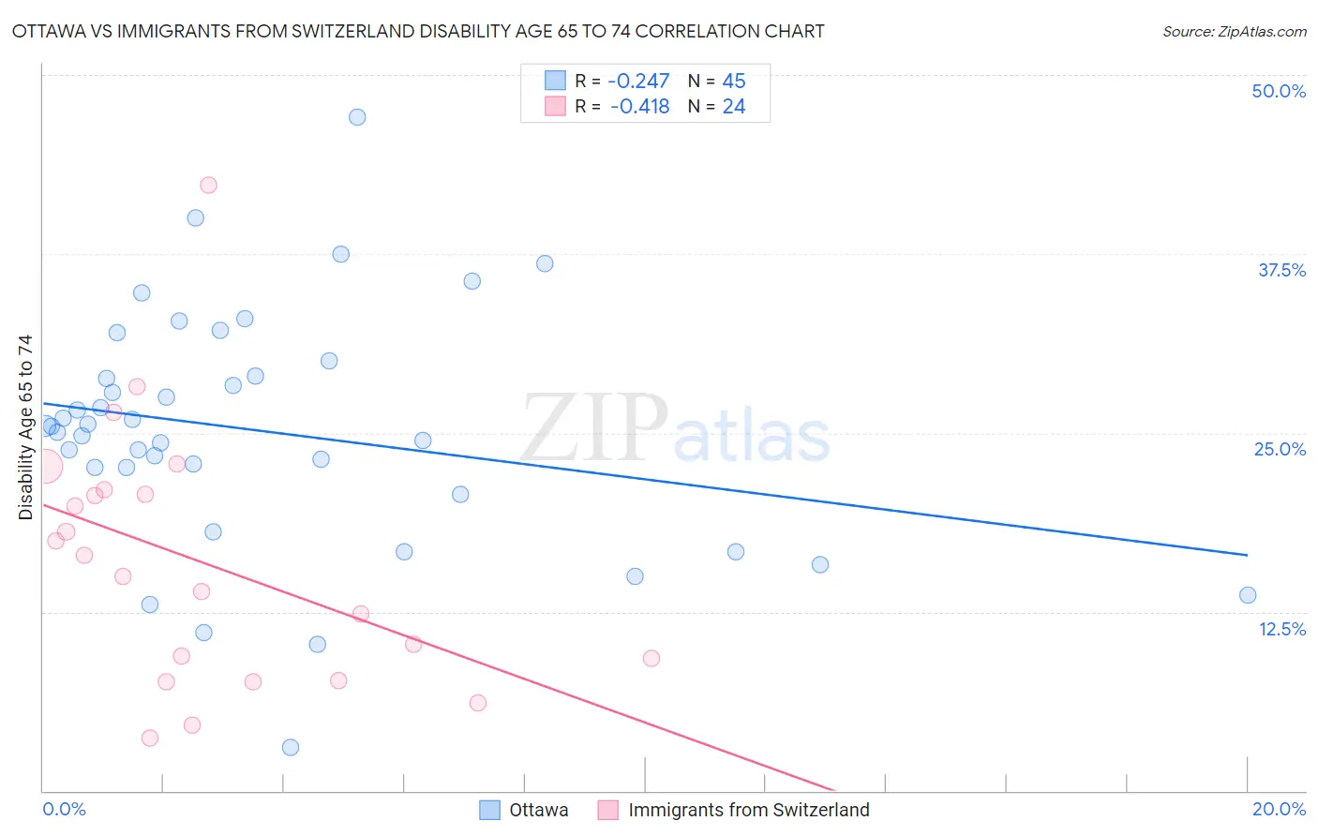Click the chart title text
(x=418, y=31)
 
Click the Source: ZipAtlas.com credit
(x=1234, y=31)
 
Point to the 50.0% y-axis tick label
(x=1279, y=91)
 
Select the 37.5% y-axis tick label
(x=1281, y=270)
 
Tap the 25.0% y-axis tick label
(x=1280, y=449)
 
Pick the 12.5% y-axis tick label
(x=1281, y=629)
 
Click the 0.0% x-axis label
(x=64, y=809)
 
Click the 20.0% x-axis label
(x=1279, y=809)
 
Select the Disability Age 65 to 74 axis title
(x=25, y=426)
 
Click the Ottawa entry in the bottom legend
(x=538, y=810)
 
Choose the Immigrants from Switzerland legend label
(x=748, y=810)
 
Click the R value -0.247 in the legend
(x=638, y=82)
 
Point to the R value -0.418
(x=639, y=107)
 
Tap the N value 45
(x=734, y=82)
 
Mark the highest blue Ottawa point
(x=357, y=117)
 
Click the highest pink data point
(x=209, y=185)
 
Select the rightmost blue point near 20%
(x=1248, y=595)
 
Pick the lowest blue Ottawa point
(x=291, y=747)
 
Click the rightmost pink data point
(x=652, y=658)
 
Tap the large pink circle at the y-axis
(x=44, y=466)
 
